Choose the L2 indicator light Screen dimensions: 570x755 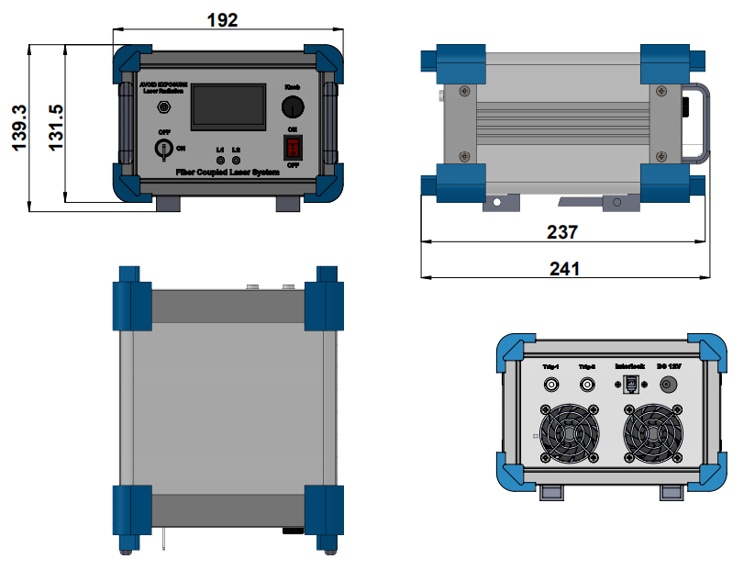237,161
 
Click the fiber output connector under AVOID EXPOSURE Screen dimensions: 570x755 164,108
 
